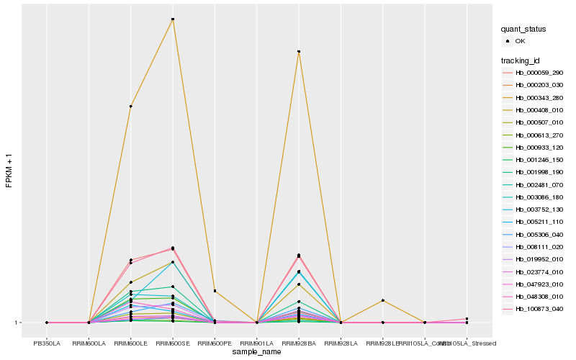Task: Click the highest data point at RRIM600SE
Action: pyautogui.click(x=173, y=19)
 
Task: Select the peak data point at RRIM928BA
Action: pyautogui.click(x=299, y=52)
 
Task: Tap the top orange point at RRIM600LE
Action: pyautogui.click(x=130, y=107)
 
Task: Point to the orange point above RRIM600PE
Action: pyautogui.click(x=215, y=291)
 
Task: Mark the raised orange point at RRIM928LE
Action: pyautogui.click(x=383, y=300)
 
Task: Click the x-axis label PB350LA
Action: pyautogui.click(x=47, y=333)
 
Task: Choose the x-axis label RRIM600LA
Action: pyautogui.click(x=89, y=333)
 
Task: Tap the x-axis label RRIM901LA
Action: pyautogui.click(x=256, y=333)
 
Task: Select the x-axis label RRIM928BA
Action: pyautogui.click(x=299, y=333)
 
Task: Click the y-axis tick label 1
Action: pyautogui.click(x=17, y=323)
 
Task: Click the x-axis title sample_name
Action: pyautogui.click(x=256, y=351)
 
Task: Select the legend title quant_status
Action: pyautogui.click(x=523, y=29)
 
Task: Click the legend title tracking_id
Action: pyautogui.click(x=521, y=60)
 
